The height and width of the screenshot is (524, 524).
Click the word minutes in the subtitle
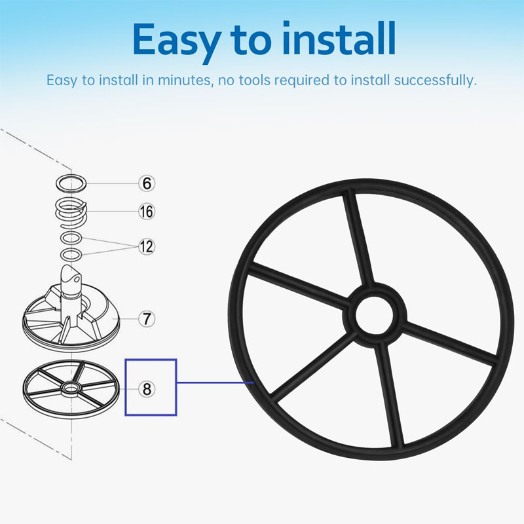185,80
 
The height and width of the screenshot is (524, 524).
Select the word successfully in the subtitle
435,80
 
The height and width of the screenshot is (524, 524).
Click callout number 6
147,183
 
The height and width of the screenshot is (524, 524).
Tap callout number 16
147,212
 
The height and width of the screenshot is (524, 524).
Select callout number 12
147,247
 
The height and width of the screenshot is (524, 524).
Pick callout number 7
147,318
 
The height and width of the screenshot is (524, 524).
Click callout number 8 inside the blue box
147,389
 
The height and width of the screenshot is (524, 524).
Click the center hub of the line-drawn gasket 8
71,388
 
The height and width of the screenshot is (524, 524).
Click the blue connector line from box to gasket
215,382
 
